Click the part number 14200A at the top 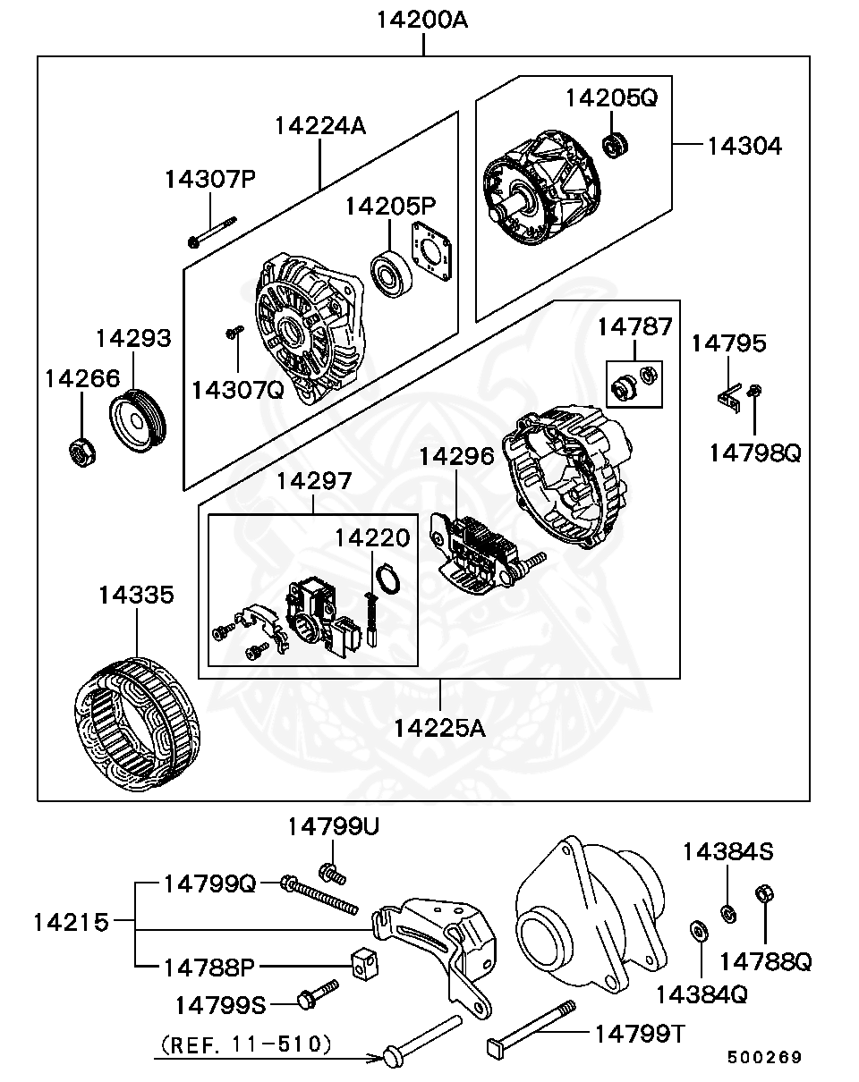coord(422,19)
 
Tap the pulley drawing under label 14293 coord(138,417)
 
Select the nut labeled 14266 coord(82,452)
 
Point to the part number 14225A coord(439,728)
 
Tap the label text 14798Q coord(754,453)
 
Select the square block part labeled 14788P coord(361,963)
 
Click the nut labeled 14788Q coord(765,895)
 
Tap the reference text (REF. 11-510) coord(246,1043)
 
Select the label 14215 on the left coord(71,921)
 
